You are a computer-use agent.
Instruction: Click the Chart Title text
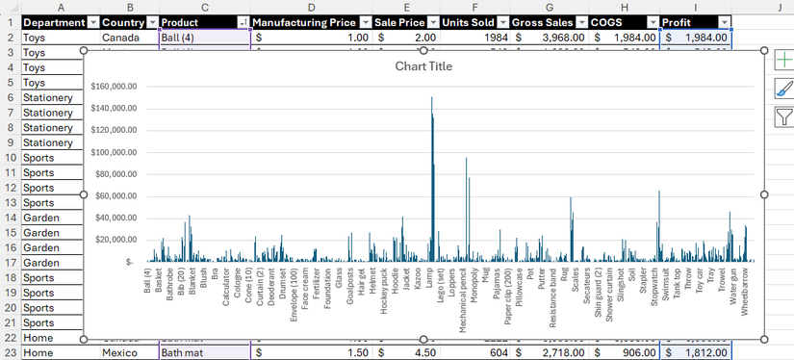pos(423,66)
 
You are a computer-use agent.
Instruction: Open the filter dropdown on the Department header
pos(92,21)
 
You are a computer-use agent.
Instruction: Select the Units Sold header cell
pos(469,21)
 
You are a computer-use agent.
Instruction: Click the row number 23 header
pos(9,353)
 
